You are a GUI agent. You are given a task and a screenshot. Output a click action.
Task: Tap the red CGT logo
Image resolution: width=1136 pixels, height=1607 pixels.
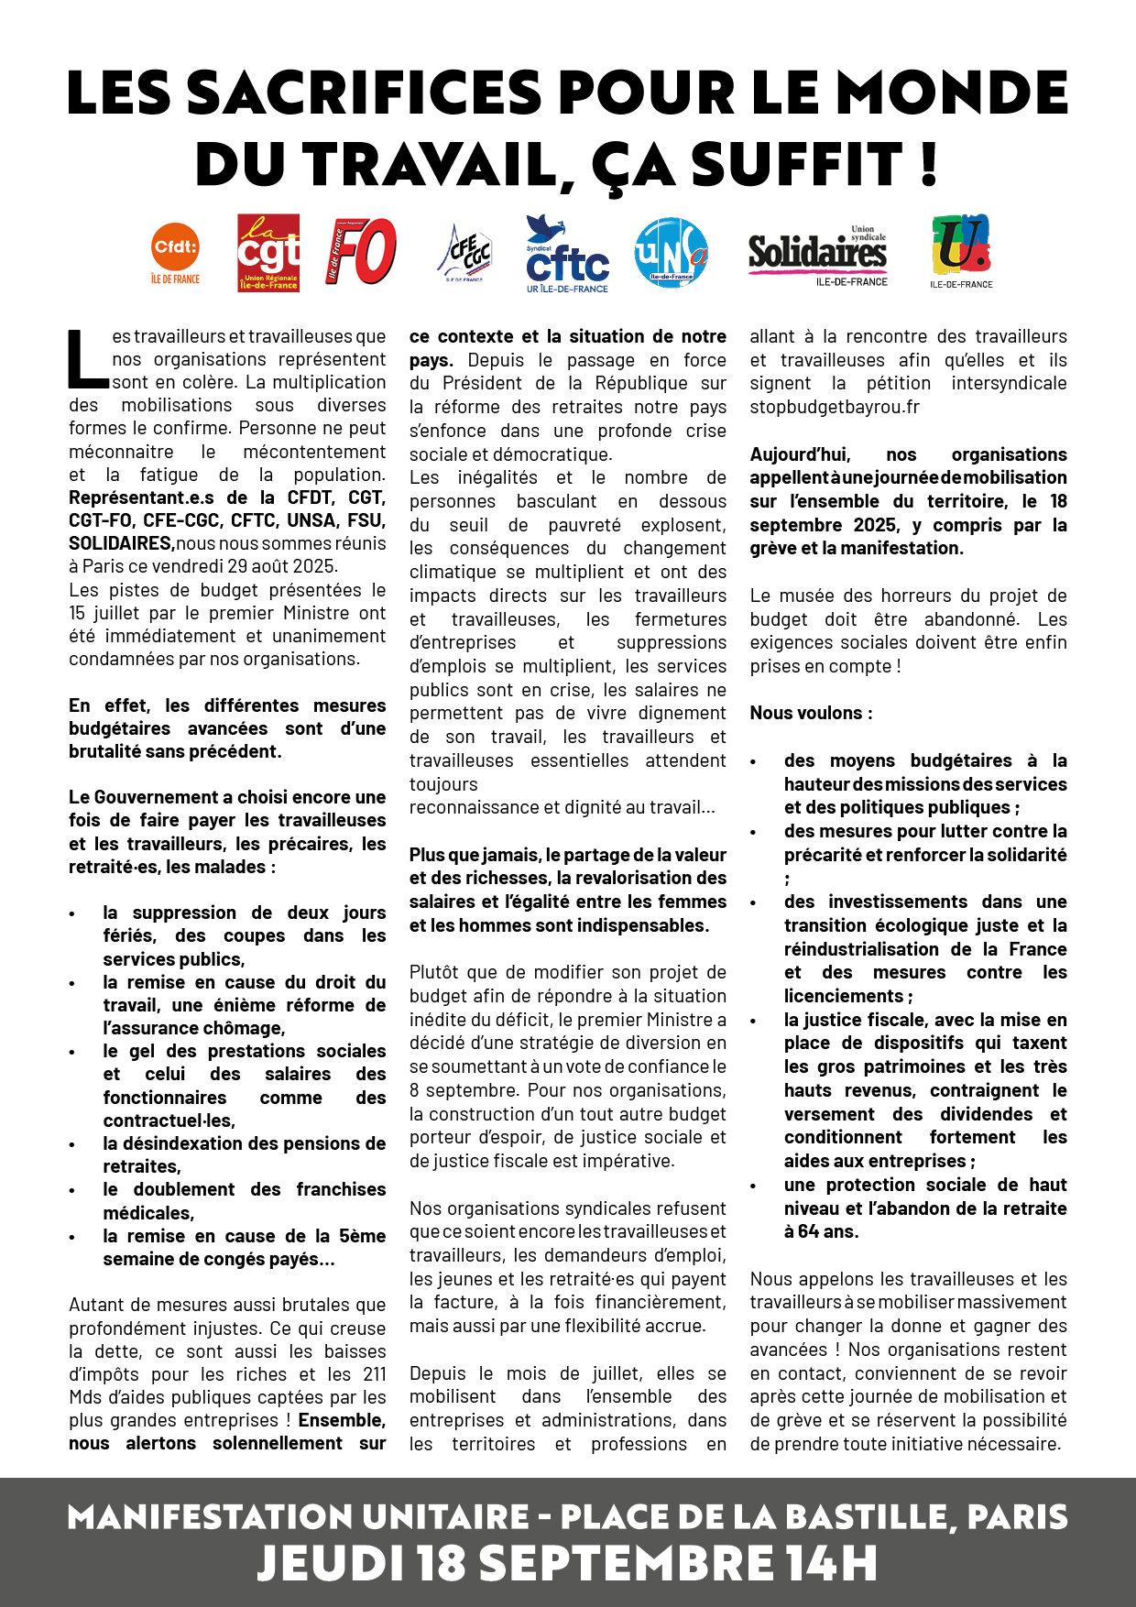coord(268,253)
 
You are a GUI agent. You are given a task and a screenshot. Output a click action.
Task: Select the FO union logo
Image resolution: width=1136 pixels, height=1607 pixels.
coord(362,251)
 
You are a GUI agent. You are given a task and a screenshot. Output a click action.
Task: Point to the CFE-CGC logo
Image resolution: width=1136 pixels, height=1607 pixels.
coord(465,253)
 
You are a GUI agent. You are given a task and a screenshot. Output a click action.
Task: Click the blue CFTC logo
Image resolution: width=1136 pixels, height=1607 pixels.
coord(567,255)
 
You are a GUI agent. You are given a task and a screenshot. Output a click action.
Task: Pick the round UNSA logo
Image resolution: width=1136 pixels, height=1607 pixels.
coord(671,252)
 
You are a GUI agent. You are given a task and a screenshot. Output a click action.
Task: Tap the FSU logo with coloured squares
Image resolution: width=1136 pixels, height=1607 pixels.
coord(961,247)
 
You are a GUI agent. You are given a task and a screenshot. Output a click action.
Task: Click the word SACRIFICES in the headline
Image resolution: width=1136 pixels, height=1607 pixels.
coord(364,93)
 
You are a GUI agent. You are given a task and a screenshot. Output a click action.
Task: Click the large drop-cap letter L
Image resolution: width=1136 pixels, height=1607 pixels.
coord(89,358)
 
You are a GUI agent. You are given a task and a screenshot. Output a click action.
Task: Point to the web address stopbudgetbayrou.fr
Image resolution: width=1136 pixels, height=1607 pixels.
coord(835,407)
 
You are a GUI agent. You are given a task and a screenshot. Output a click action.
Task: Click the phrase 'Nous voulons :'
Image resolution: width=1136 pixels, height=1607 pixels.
coord(811,713)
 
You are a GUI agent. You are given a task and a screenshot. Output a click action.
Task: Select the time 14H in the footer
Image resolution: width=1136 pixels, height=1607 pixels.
coord(831,1563)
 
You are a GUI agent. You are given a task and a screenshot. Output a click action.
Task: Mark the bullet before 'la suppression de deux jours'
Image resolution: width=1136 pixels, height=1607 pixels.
coord(73,914)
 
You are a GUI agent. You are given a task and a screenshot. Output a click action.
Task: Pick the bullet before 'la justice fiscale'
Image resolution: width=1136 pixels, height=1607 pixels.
coord(754,1022)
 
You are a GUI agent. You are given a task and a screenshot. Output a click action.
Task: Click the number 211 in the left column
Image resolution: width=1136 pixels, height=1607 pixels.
coord(374,1374)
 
